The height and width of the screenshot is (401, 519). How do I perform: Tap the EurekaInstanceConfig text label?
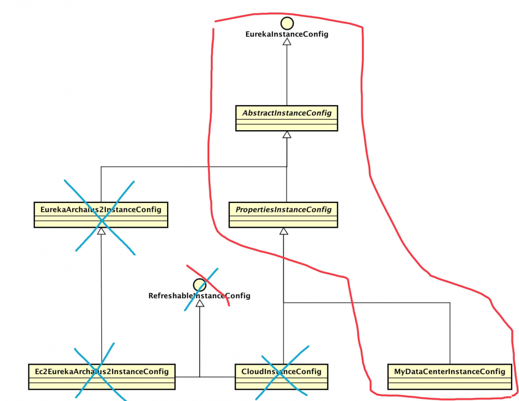(286, 35)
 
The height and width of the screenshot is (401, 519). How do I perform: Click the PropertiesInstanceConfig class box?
(283, 214)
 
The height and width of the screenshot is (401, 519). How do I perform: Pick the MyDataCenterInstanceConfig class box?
(449, 376)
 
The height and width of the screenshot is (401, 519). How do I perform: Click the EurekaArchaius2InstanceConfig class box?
(101, 214)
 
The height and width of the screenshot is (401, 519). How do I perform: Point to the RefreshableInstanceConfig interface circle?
(199, 284)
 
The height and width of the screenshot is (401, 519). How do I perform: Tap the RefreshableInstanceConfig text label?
(199, 296)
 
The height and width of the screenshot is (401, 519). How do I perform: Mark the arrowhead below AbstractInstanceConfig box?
(286, 135)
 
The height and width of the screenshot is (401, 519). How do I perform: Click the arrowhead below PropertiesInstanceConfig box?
(283, 231)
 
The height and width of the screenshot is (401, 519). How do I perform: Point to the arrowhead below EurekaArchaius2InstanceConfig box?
(101, 231)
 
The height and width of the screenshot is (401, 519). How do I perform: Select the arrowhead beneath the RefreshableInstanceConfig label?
(200, 303)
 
